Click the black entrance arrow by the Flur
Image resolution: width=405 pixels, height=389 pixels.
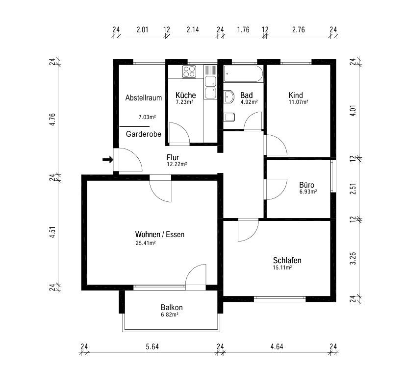pos(107,159)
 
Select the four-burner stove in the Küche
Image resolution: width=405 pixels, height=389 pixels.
pos(189,72)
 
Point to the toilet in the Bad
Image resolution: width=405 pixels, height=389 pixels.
pos(229,117)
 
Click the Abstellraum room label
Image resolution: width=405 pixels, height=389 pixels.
pos(143,97)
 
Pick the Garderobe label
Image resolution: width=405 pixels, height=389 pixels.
pos(143,134)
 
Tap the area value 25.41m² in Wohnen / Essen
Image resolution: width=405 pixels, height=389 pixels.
pos(146,243)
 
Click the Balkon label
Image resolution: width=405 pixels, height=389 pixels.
pos(172,307)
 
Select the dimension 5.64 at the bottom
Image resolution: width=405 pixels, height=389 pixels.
pos(152,347)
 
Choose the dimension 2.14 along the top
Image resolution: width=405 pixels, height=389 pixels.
pos(193,29)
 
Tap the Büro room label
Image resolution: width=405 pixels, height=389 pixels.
pos(307,185)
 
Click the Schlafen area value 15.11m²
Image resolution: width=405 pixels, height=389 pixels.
pos(282,268)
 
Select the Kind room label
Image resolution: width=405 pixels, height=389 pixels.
pos(296,95)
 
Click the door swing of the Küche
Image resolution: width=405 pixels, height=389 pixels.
pos(177,132)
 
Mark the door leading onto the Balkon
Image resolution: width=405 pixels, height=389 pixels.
pos(196,275)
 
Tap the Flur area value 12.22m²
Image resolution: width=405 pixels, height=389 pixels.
pos(177,164)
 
